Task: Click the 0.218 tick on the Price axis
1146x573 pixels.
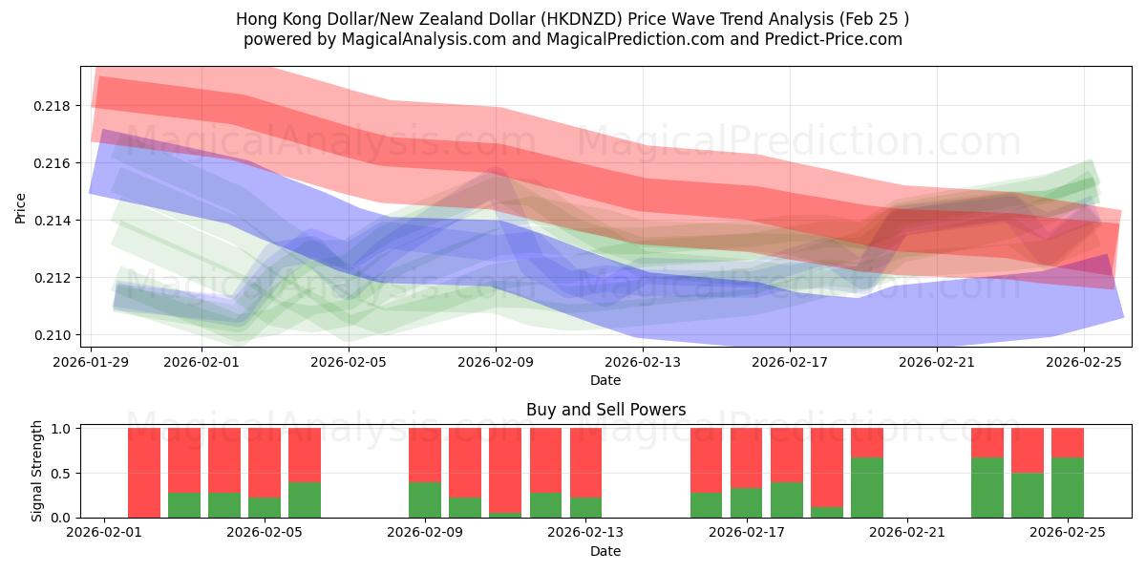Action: pyautogui.click(x=58, y=106)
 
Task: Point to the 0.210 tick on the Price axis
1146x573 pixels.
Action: pyautogui.click(x=58, y=335)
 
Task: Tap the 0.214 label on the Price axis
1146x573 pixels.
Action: pyautogui.click(x=58, y=221)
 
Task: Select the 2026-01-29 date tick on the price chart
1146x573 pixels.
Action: pyautogui.click(x=92, y=362)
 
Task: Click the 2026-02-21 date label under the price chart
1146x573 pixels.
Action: pyautogui.click(x=936, y=362)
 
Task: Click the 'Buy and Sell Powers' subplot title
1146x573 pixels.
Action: pyautogui.click(x=605, y=410)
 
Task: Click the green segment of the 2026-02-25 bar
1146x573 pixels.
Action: pyautogui.click(x=1068, y=487)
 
